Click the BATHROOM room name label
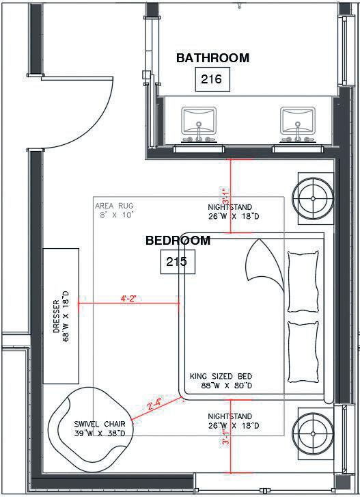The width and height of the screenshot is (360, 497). point(212,58)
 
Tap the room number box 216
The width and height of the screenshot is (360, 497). point(212,79)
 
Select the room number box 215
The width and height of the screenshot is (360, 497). point(178,262)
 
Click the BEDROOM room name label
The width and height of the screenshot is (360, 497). point(178,241)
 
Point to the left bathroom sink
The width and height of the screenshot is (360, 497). point(199,124)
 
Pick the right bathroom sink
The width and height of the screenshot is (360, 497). point(298,124)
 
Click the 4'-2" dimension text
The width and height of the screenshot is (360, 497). point(128,299)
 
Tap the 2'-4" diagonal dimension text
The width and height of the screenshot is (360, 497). point(154,404)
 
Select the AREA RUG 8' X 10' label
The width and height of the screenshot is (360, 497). point(115,211)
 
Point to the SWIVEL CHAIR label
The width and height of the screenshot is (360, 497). point(100,429)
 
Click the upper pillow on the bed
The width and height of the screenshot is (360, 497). point(303,281)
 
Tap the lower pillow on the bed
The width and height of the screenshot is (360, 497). point(303,352)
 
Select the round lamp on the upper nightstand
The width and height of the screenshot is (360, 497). point(313,199)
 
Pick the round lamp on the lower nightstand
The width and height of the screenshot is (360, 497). point(313,433)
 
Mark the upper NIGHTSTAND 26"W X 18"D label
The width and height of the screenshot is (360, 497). point(234,212)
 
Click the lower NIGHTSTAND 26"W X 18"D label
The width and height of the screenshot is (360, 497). point(234,421)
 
